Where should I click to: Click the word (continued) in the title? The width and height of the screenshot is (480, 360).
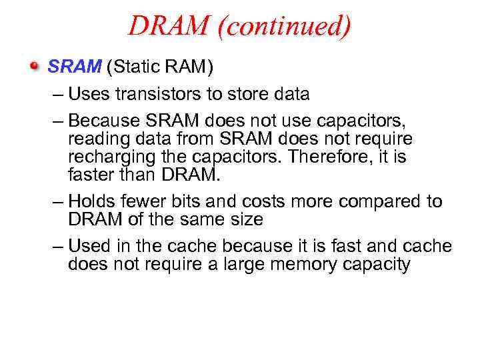point(287,27)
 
